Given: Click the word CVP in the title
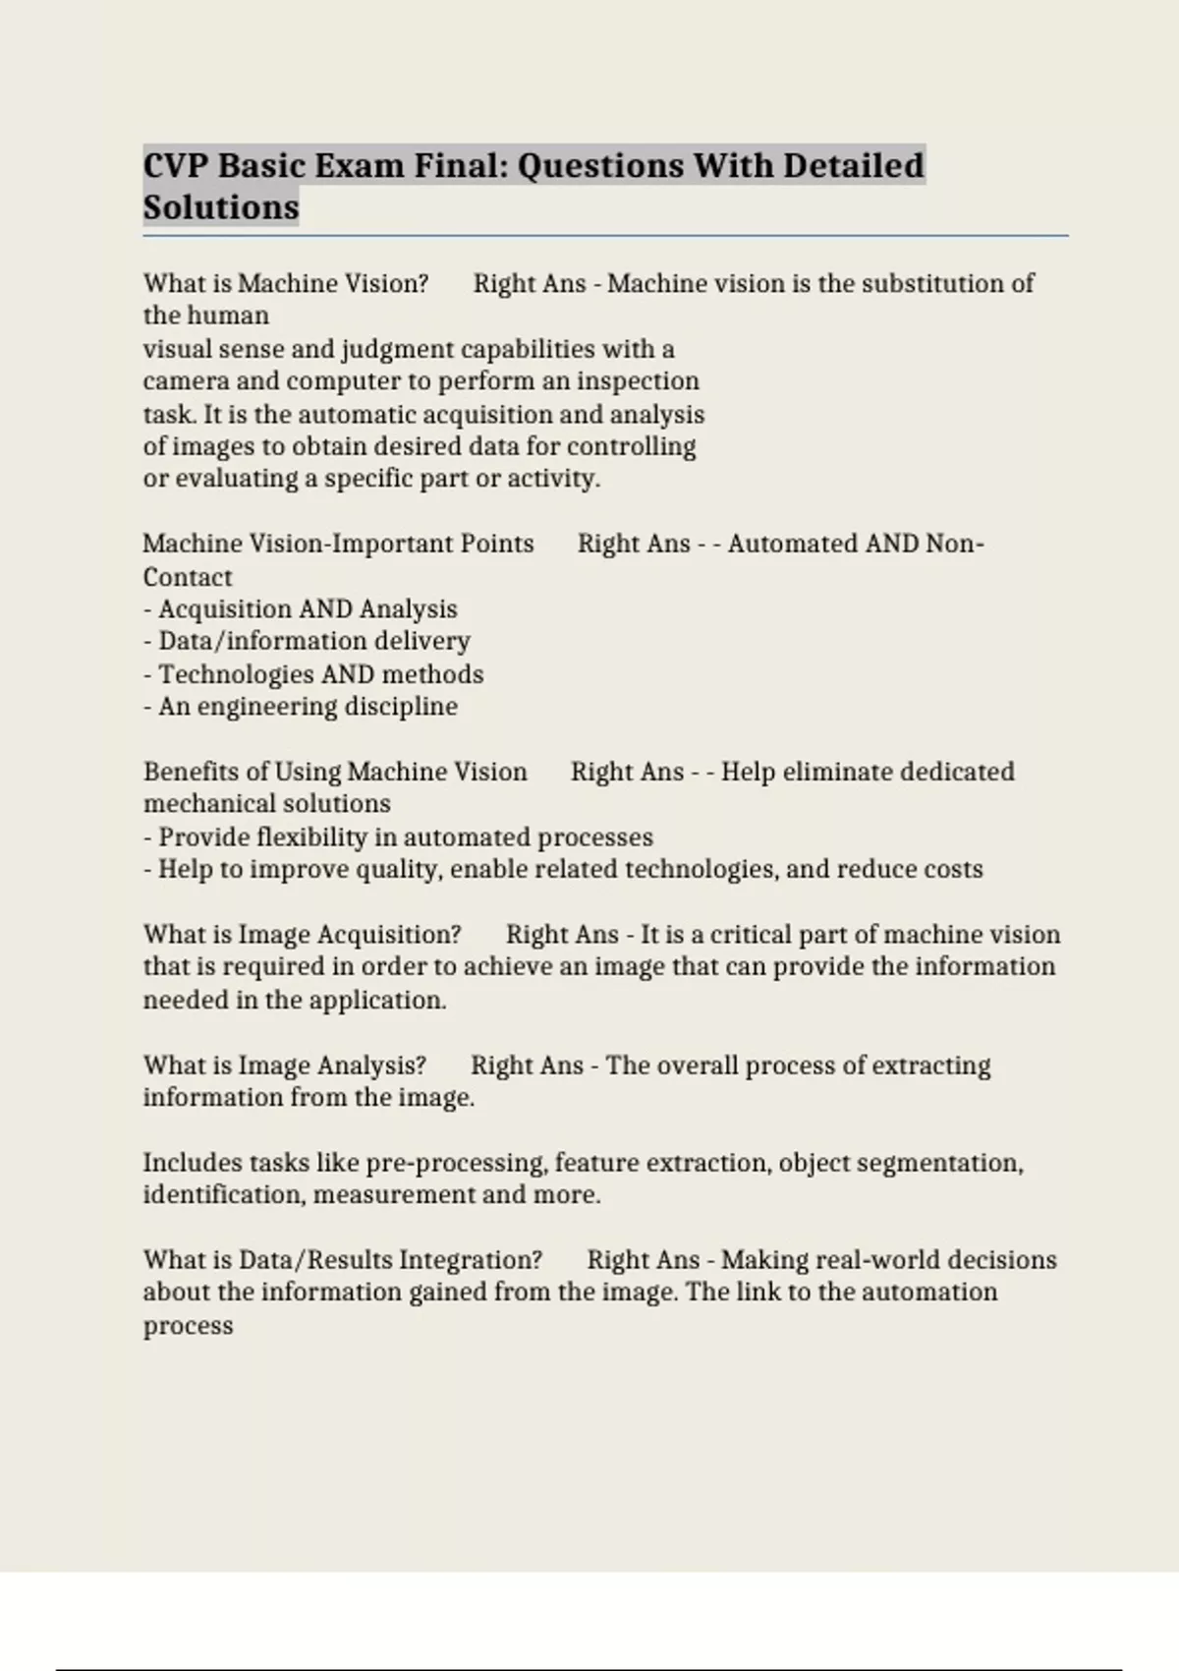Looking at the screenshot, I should pos(176,165).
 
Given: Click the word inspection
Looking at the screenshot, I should pos(638,381).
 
